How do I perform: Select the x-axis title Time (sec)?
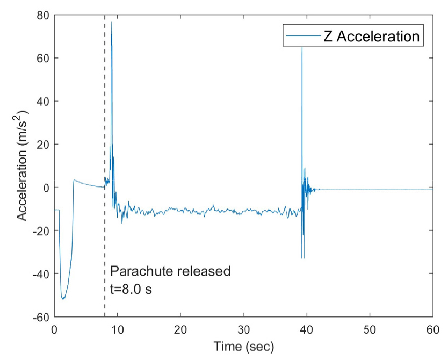point(243,347)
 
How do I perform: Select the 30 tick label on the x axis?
point(243,328)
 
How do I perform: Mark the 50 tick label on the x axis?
point(370,328)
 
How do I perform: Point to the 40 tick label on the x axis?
point(307,328)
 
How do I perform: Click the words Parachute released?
point(170,271)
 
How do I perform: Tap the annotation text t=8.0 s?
point(131,290)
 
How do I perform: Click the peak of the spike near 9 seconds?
point(112,22)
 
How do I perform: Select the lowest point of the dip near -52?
point(63,299)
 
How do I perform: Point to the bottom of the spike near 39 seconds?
point(303,258)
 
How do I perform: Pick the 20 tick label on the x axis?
point(180,328)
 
